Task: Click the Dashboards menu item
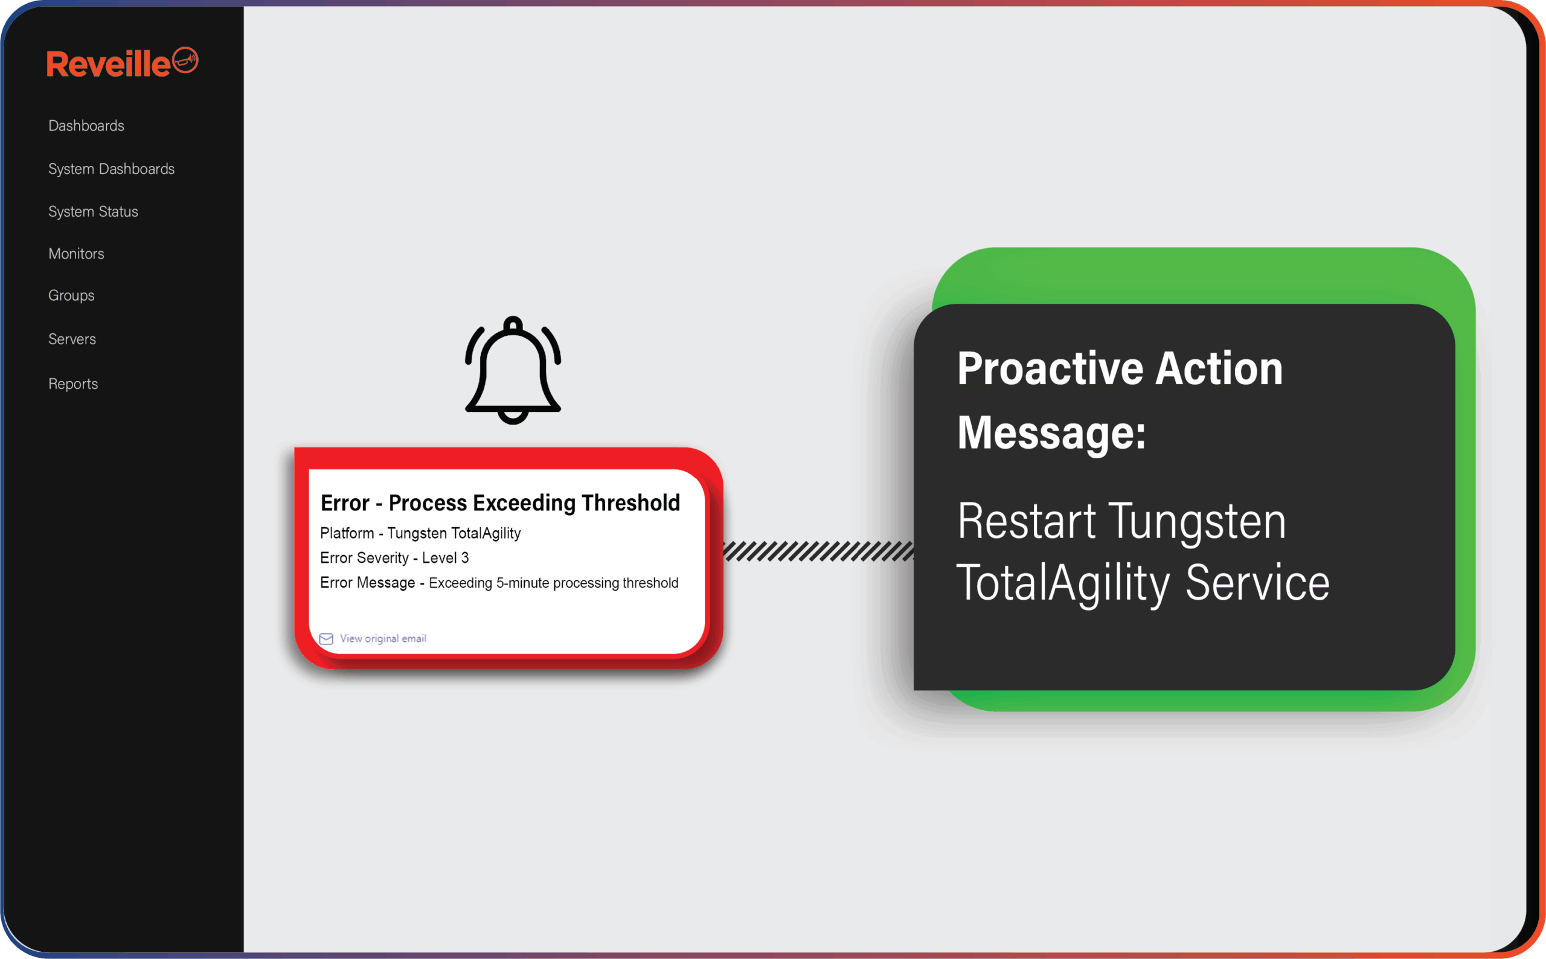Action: pos(86,126)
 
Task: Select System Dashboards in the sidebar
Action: pos(112,168)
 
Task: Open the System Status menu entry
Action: pos(93,211)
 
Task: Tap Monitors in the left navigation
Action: pos(76,254)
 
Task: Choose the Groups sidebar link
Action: pos(71,295)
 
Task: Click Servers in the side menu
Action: pos(72,339)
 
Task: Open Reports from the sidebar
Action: pos(73,383)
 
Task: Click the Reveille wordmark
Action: pos(109,64)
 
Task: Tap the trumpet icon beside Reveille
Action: pos(185,60)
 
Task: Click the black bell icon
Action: pos(513,370)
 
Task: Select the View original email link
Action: pos(383,638)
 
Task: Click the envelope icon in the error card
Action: pos(327,639)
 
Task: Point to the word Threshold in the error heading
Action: pos(631,502)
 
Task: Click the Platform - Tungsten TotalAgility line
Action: pos(420,533)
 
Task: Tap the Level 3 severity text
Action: pos(445,557)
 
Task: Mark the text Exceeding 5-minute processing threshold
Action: pos(554,583)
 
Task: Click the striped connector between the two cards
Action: pos(819,551)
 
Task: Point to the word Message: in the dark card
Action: pos(1052,432)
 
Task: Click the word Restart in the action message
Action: pos(1027,521)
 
